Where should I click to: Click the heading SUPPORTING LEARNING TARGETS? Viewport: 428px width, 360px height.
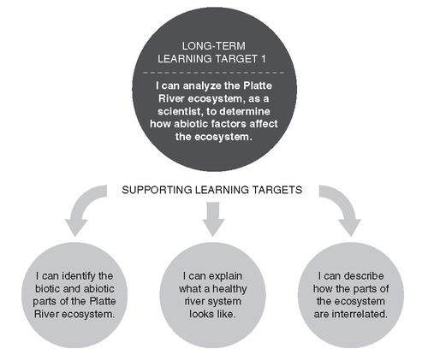point(212,190)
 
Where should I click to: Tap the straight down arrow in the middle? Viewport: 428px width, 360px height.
point(213,219)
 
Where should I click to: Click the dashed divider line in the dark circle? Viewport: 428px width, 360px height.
point(213,73)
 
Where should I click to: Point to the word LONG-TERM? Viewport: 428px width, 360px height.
point(214,46)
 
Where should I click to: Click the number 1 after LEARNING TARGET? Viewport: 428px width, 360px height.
point(263,59)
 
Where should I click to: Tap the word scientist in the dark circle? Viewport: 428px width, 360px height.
point(180,111)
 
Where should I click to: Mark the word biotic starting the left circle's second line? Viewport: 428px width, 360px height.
point(46,289)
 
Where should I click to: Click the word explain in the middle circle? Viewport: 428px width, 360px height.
point(223,276)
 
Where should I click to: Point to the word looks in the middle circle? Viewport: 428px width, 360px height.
point(200,314)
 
